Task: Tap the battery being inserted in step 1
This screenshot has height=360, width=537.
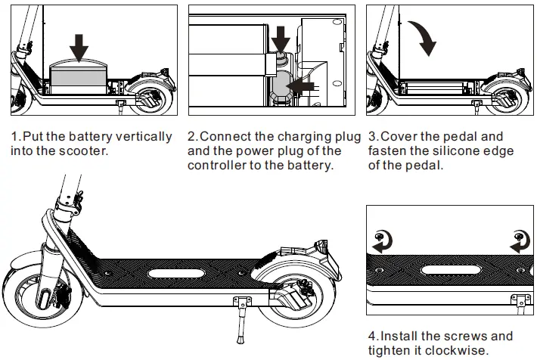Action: pyautogui.click(x=79, y=75)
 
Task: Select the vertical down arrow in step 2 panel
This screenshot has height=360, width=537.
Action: pyautogui.click(x=281, y=38)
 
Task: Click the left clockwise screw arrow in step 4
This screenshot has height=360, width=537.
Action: pyautogui.click(x=380, y=241)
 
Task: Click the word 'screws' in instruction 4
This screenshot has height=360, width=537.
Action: pyautogui.click(x=451, y=336)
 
